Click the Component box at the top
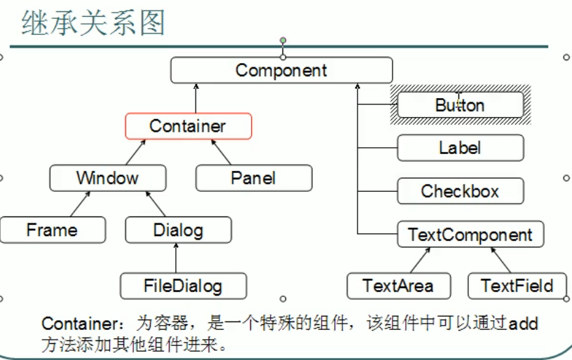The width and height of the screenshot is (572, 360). pyautogui.click(x=281, y=70)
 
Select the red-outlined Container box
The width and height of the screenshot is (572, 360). pyautogui.click(x=188, y=126)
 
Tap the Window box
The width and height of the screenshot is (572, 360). pyautogui.click(x=107, y=178)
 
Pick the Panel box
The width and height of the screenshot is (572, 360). pyautogui.click(x=253, y=178)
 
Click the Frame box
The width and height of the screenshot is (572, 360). pyautogui.click(x=53, y=230)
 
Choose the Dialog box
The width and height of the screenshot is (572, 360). pyautogui.click(x=178, y=230)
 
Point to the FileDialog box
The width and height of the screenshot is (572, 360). pyautogui.click(x=183, y=286)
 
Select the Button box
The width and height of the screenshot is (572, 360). pyautogui.click(x=460, y=106)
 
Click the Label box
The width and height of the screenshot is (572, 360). pyautogui.click(x=460, y=148)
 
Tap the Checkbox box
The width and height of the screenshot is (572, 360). pyautogui.click(x=460, y=191)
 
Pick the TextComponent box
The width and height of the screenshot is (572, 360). pyautogui.click(x=470, y=234)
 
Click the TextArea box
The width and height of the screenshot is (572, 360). pyautogui.click(x=398, y=286)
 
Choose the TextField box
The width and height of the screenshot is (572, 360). pyautogui.click(x=517, y=286)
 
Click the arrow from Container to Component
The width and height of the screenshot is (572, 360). pyautogui.click(x=197, y=99)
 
